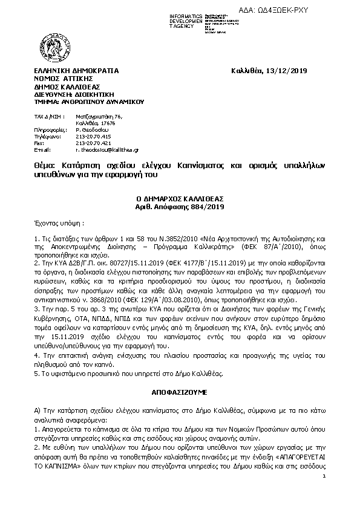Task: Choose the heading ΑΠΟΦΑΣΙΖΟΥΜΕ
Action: (x=180, y=393)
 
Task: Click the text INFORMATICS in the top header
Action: (x=188, y=13)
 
